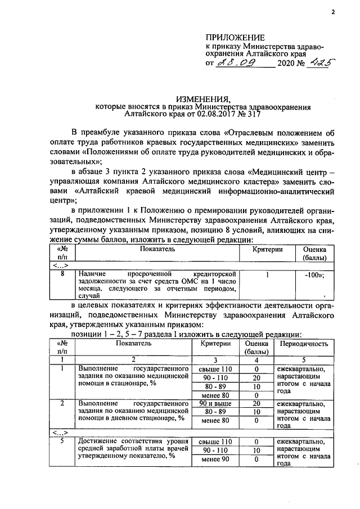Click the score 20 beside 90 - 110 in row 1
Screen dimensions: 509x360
[256, 377]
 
